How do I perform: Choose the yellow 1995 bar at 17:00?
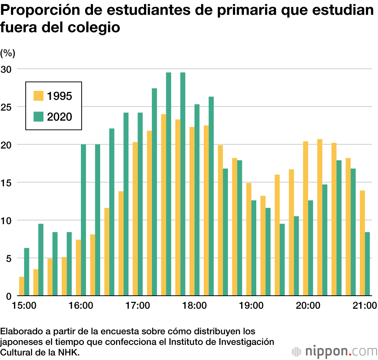pyautogui.click(x=135, y=219)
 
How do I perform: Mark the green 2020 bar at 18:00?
pyautogui.click(x=197, y=200)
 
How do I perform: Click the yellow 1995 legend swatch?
pyautogui.click(x=39, y=96)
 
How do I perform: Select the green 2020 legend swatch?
pyautogui.click(x=39, y=116)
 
